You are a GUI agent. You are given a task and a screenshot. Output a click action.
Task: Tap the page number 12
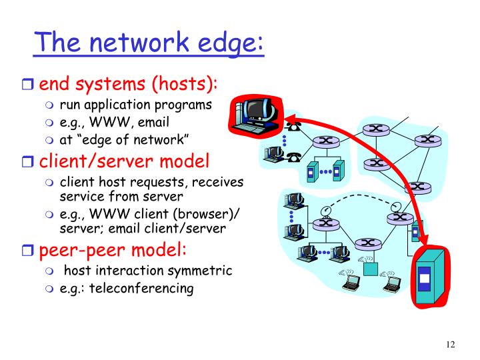coord(451,345)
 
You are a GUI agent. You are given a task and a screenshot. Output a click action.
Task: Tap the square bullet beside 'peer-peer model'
coord(29,251)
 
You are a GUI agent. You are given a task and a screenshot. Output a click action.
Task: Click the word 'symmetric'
coord(198,271)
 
